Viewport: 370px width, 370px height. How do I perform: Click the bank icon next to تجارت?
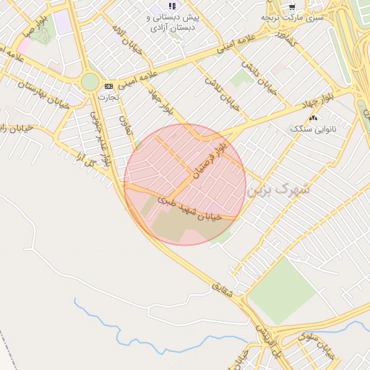pos(108,86)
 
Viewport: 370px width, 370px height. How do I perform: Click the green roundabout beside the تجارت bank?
pos(90,82)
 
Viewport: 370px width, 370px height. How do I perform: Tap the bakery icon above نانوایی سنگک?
pos(313,117)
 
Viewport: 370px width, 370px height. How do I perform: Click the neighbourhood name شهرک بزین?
pos(277,190)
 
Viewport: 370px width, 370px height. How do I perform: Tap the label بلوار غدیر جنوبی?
pos(100,138)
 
